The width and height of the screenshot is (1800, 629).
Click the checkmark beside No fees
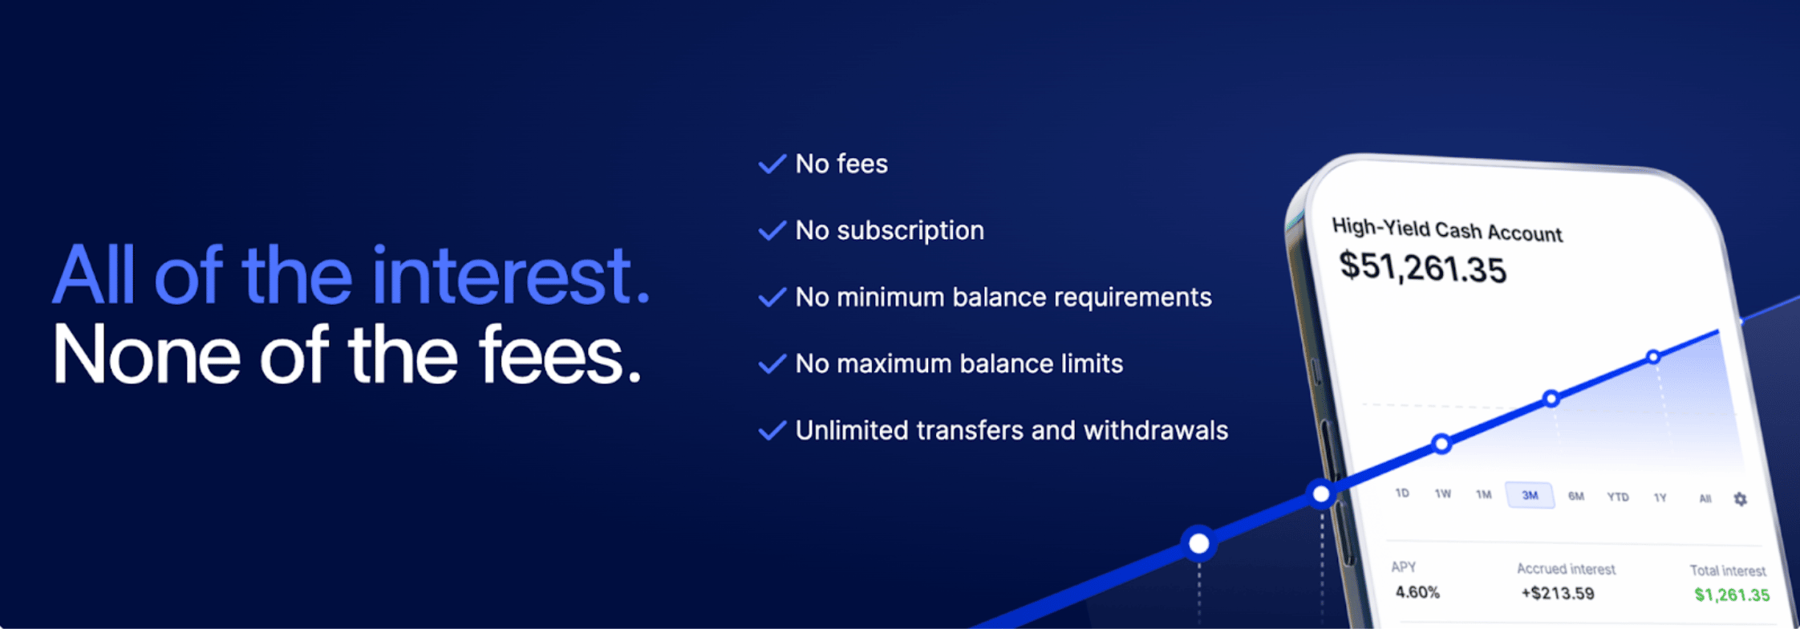point(772,164)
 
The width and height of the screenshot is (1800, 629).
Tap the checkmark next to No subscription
point(772,231)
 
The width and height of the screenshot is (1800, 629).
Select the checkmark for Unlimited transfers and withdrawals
point(772,431)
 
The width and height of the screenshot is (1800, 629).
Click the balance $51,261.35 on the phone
point(1423,267)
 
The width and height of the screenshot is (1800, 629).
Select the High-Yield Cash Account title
point(1447,229)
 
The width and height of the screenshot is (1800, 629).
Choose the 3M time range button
point(1530,495)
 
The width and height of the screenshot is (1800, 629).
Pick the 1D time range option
point(1402,493)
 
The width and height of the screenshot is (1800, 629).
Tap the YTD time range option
point(1618,497)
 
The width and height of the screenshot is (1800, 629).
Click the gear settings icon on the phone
point(1740,499)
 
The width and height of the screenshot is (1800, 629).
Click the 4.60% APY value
point(1417,592)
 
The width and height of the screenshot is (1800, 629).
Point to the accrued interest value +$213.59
point(1558,594)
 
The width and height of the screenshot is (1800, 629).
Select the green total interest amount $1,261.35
point(1732,595)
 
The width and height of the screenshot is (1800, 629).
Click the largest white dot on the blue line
point(1199,544)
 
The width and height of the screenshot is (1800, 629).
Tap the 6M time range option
point(1576,496)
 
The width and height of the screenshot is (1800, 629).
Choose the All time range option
point(1705,498)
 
